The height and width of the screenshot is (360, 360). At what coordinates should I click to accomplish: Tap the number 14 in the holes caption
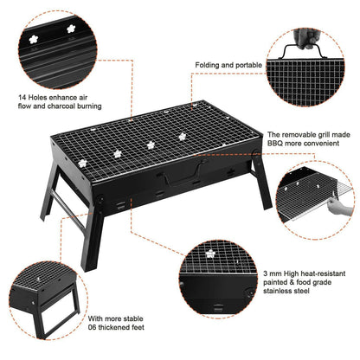23,98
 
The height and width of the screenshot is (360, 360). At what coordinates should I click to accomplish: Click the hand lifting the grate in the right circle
339,205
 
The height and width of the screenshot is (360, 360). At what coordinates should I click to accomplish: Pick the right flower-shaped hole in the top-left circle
71,29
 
